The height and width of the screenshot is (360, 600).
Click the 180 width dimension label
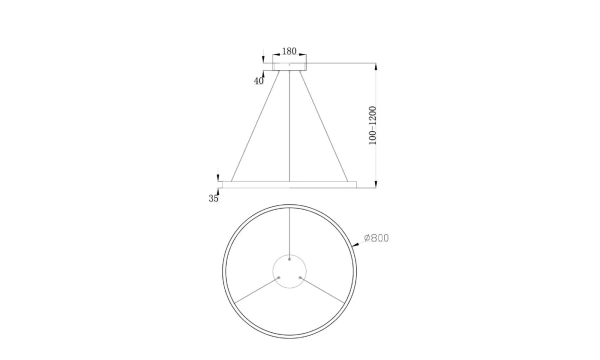289,51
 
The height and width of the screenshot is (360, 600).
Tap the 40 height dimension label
259,81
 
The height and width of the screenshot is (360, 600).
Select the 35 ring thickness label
214,199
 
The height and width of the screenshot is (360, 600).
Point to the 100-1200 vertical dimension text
372,125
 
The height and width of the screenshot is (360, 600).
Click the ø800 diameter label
376,238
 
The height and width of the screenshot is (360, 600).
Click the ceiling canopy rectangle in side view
289,67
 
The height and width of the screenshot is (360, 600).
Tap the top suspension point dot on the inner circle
290,259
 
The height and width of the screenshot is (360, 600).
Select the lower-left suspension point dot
279,278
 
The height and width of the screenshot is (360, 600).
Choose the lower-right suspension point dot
300,278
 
